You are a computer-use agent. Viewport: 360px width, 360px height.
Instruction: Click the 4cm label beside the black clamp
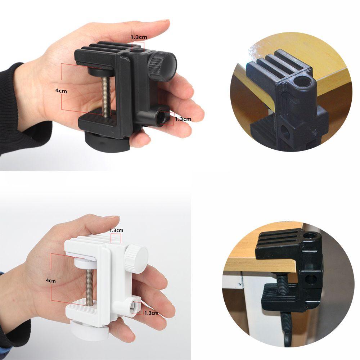pyautogui.click(x=61, y=91)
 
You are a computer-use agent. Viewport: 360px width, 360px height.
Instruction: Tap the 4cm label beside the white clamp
pyautogui.click(x=51, y=280)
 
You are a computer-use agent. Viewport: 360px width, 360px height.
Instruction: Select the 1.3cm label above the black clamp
pyautogui.click(x=139, y=37)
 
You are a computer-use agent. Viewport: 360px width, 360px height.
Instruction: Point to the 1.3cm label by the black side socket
pyautogui.click(x=183, y=119)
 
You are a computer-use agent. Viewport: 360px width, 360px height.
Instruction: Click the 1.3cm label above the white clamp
pyautogui.click(x=116, y=230)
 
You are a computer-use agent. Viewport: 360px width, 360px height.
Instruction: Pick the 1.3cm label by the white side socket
pyautogui.click(x=151, y=313)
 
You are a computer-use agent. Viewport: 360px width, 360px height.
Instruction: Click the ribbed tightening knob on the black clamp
pyautogui.click(x=162, y=66)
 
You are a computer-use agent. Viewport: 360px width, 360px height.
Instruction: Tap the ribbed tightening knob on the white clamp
pyautogui.click(x=136, y=258)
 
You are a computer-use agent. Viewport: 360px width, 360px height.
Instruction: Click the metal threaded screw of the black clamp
pyautogui.click(x=106, y=96)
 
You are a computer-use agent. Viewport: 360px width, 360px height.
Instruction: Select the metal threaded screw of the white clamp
pyautogui.click(x=89, y=287)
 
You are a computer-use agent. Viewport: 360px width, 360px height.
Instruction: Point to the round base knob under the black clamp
pyautogui.click(x=107, y=141)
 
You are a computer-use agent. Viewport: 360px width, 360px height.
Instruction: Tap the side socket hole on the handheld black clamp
pyautogui.click(x=163, y=116)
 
